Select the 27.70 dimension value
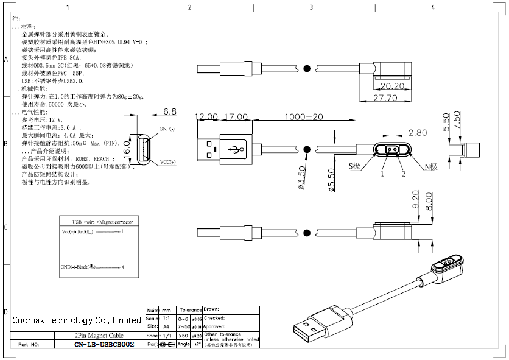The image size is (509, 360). [x=385, y=97]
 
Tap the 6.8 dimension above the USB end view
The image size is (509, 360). [x=170, y=112]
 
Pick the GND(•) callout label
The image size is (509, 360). [x=167, y=129]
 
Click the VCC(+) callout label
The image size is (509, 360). [x=167, y=162]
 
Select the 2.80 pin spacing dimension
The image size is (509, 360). [x=418, y=132]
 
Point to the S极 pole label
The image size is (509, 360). [x=355, y=166]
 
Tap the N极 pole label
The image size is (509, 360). [x=430, y=166]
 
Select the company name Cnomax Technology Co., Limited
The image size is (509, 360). [x=77, y=320]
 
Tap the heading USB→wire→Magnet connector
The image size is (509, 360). [x=102, y=222]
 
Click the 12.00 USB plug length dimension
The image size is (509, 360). [x=206, y=117]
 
